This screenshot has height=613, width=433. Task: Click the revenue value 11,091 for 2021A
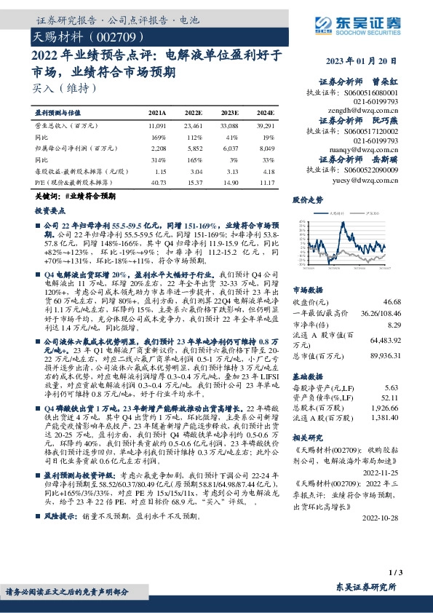pos(157,126)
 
